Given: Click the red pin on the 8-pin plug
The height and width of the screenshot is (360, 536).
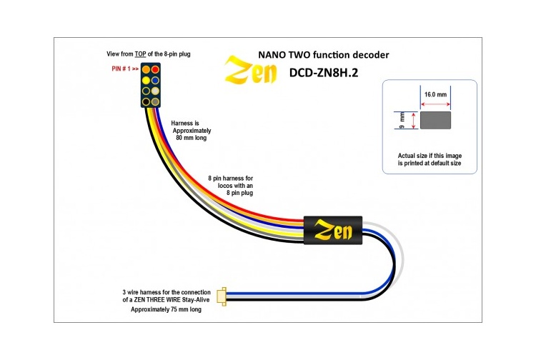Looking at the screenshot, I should pyautogui.click(x=155, y=70).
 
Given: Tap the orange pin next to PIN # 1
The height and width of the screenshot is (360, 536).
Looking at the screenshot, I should pyautogui.click(x=146, y=70).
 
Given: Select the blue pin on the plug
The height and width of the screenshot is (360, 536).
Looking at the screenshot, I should pyautogui.click(x=155, y=80).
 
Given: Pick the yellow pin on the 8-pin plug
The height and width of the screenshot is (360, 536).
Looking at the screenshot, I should pyautogui.click(x=146, y=80).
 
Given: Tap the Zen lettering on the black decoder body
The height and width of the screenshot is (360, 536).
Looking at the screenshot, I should pyautogui.click(x=334, y=231).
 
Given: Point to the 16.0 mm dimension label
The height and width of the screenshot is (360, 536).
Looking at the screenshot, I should pyautogui.click(x=435, y=94).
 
